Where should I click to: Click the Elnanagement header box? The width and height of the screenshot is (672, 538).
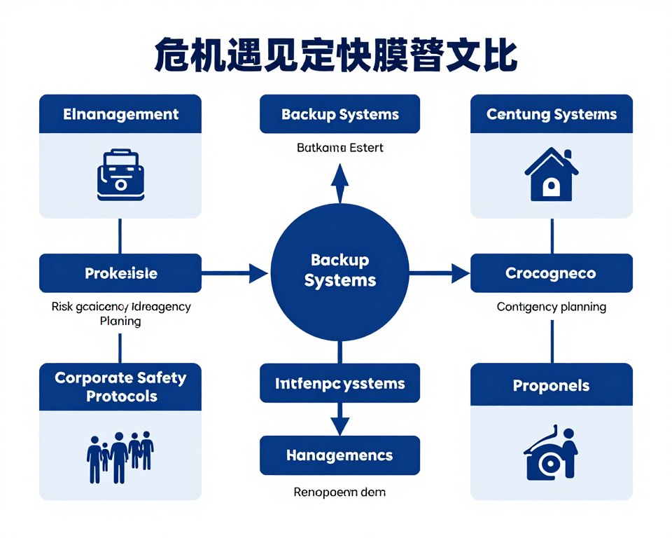(x=120, y=114)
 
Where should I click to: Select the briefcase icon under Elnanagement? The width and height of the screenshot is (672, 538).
(x=120, y=175)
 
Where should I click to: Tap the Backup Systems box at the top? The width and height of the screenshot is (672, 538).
(x=339, y=114)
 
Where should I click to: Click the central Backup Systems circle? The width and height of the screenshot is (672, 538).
(x=339, y=272)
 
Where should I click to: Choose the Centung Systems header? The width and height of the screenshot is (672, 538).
(x=552, y=114)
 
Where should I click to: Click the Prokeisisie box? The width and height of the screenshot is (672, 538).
(x=120, y=273)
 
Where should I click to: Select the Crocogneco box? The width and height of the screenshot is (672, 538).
(x=552, y=273)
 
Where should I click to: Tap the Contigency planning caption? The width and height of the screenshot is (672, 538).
(x=552, y=307)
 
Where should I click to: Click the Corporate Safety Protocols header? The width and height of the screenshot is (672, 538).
(x=120, y=387)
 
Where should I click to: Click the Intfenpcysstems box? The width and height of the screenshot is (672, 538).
(x=339, y=383)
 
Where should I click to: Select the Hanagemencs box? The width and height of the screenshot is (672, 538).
(x=339, y=455)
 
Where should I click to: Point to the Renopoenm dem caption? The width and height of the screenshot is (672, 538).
(x=339, y=492)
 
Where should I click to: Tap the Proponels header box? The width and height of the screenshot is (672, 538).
(x=552, y=386)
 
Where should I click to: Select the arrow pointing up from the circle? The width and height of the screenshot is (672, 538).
(x=339, y=184)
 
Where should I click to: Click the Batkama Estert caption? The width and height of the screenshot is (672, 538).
(x=339, y=148)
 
